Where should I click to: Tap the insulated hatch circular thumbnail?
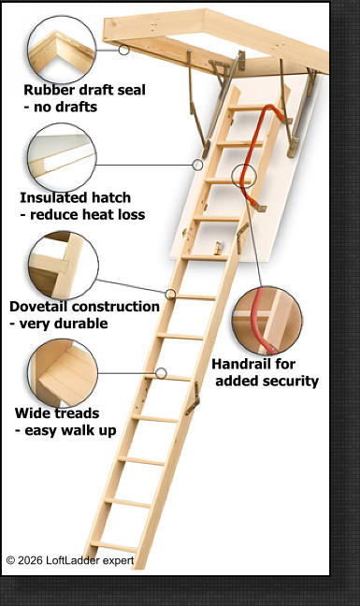pyautogui.click(x=61, y=156)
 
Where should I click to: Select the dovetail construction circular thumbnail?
pyautogui.click(x=63, y=266)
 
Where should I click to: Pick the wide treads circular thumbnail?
pyautogui.click(x=64, y=373)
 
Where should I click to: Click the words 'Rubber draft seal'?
pyautogui.click(x=84, y=90)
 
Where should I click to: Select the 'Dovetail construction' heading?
pyautogui.click(x=84, y=306)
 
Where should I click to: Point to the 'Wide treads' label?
pyautogui.click(x=57, y=412)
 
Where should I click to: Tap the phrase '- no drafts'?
pyautogui.click(x=61, y=107)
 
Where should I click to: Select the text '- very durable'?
pyautogui.click(x=59, y=323)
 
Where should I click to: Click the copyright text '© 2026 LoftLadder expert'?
pyautogui.click(x=70, y=560)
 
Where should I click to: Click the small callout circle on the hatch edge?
pyautogui.click(x=197, y=165)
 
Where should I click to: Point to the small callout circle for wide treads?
pyautogui.click(x=161, y=373)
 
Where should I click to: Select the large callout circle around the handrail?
pyautogui.click(x=244, y=176)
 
